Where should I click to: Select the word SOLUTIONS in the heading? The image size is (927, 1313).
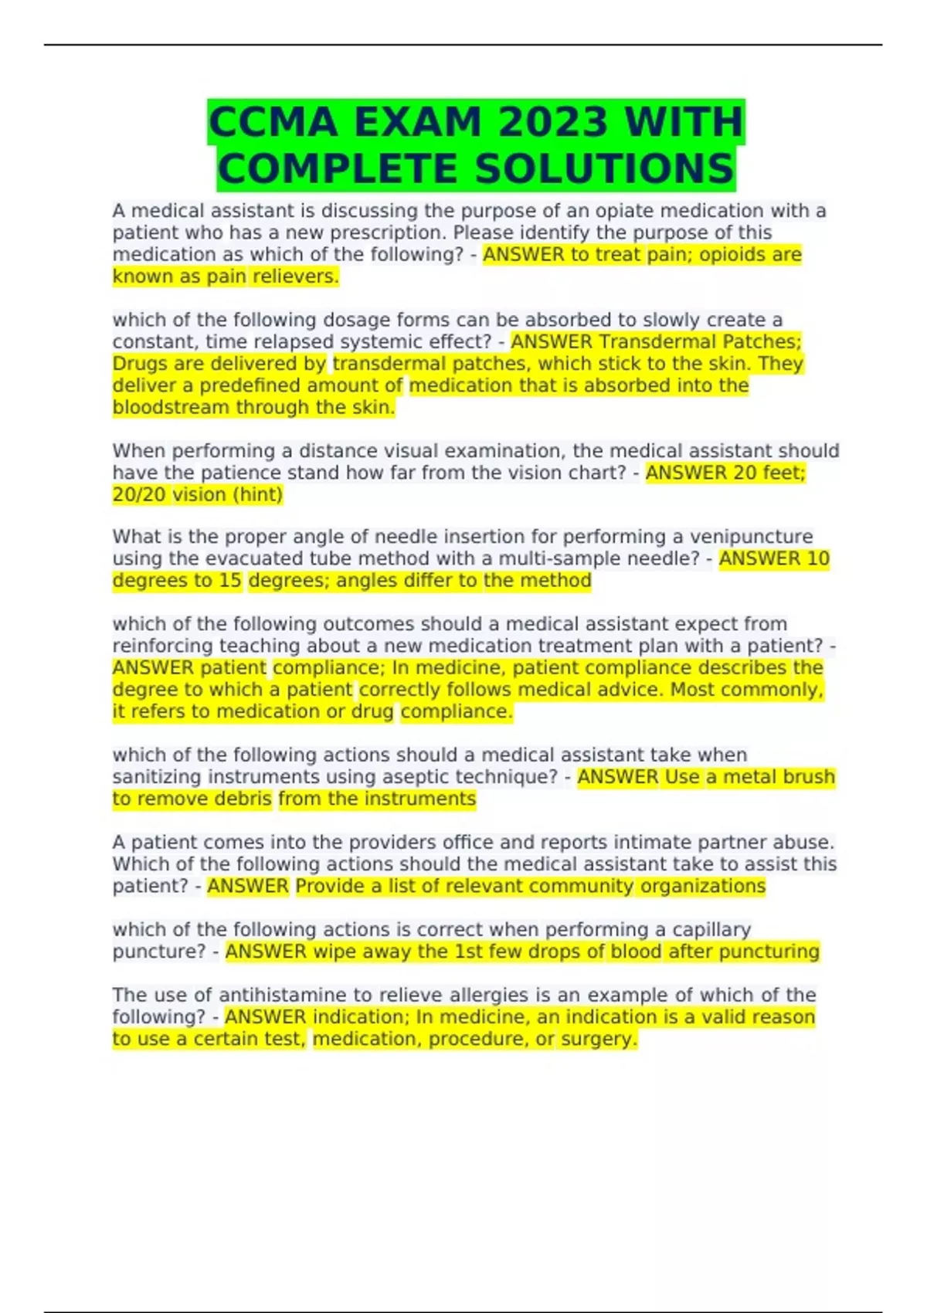pos(603,169)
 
